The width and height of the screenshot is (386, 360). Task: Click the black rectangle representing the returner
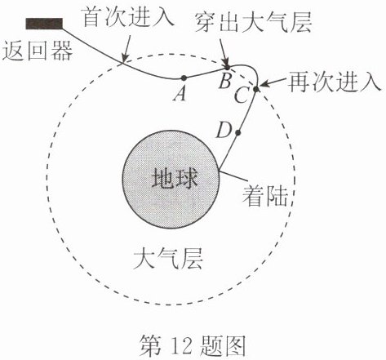(44, 24)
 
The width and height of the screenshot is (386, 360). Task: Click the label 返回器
(38, 51)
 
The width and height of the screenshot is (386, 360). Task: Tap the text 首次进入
(128, 17)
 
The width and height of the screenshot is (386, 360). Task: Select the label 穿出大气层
(253, 23)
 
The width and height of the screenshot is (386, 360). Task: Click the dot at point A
(184, 78)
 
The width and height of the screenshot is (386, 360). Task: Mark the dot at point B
(228, 67)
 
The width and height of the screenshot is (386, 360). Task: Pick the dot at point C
(256, 89)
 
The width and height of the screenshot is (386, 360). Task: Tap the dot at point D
(238, 133)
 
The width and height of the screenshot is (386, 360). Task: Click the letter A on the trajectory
(180, 94)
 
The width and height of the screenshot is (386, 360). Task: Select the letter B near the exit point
(225, 81)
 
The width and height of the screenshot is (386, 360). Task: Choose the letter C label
(242, 96)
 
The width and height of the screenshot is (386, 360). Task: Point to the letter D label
(224, 131)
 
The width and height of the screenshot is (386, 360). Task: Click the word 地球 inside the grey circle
(175, 178)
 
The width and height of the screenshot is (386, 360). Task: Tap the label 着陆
(265, 196)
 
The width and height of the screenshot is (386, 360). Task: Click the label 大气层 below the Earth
(168, 260)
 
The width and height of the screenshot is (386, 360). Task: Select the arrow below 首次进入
(127, 48)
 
